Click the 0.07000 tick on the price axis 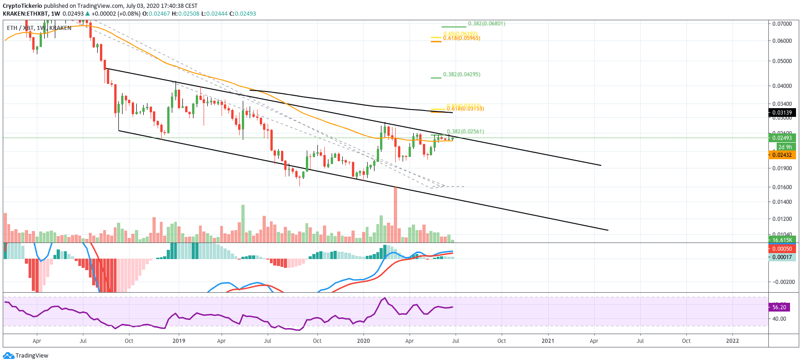[782, 23]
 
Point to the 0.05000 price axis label [782, 61]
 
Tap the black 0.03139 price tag [782, 113]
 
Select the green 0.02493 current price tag [782, 138]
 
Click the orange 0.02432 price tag [782, 155]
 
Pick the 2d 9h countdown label [785, 147]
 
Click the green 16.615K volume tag [782, 240]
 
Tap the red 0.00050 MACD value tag [782, 249]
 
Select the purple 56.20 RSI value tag [779, 307]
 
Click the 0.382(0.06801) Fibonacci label [486, 23]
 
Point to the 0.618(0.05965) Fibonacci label [462, 38]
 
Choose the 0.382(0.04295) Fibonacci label [462, 75]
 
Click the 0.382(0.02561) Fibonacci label [465, 132]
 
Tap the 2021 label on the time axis [548, 341]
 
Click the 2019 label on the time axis [179, 341]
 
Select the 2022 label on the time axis [732, 341]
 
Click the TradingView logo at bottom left [26, 355]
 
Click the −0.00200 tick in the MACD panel [783, 282]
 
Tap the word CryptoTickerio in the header [23, 6]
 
